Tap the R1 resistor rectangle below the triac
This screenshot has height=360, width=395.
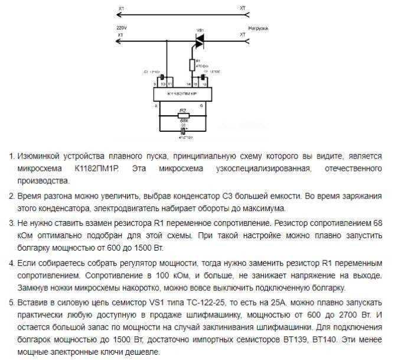pyautogui.click(x=191, y=64)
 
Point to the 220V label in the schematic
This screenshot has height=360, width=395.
pyautogui.click(x=122, y=28)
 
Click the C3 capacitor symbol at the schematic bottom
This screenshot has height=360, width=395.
pyautogui.click(x=183, y=131)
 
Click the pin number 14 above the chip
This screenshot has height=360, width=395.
pyautogui.click(x=188, y=85)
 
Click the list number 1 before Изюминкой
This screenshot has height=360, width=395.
pyautogui.click(x=11, y=158)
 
